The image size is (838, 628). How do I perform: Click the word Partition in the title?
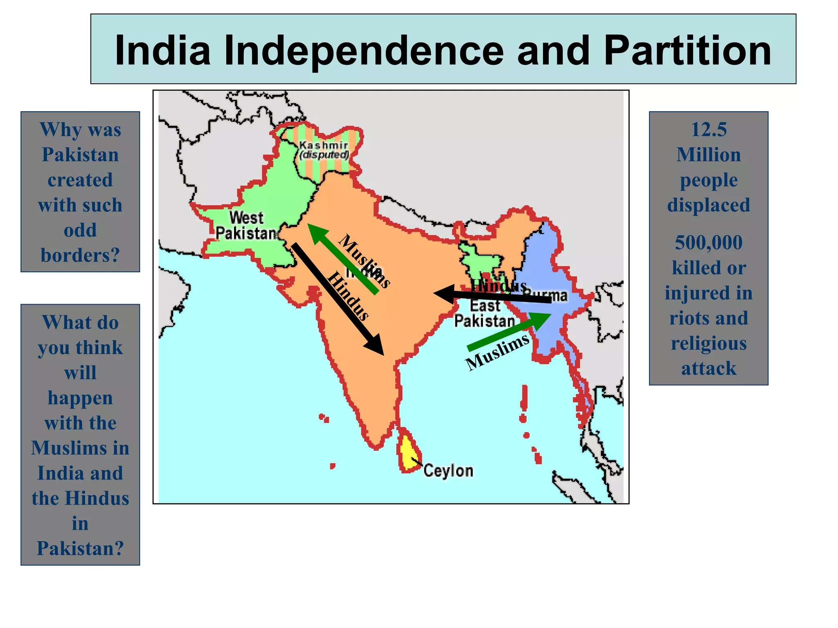(687, 51)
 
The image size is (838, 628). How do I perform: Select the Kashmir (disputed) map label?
(324, 150)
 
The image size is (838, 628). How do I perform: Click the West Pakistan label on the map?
(247, 225)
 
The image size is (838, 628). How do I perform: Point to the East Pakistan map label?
(485, 314)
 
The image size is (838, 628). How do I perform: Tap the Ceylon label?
(448, 471)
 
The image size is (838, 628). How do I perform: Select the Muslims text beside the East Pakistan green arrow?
(498, 352)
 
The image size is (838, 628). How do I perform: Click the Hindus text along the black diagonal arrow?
(348, 296)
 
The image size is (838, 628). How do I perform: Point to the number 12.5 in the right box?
(709, 130)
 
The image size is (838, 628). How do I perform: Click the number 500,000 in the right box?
(709, 242)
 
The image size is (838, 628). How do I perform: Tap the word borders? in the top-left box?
(80, 256)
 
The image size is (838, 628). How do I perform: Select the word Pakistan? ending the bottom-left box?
(80, 548)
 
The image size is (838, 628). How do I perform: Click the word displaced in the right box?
(709, 205)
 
